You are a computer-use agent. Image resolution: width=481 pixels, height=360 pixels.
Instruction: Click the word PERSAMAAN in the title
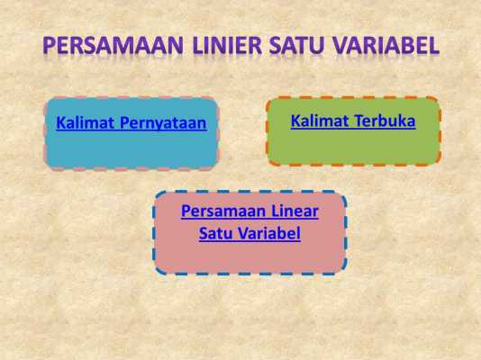pos(113,45)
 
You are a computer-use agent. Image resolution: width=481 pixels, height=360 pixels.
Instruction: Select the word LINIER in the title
pos(227,45)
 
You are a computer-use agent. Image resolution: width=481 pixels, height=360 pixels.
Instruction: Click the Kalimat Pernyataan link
pos(132,123)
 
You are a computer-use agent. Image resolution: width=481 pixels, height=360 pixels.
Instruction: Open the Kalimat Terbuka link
pos(353,121)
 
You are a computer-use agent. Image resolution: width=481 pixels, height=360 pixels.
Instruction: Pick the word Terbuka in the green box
pos(386,121)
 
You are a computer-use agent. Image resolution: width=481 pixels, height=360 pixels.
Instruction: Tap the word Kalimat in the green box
pos(320,121)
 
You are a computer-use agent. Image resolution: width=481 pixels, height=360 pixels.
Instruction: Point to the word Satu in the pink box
pos(215,233)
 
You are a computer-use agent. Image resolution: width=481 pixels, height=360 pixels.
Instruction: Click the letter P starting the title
pos(49,45)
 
